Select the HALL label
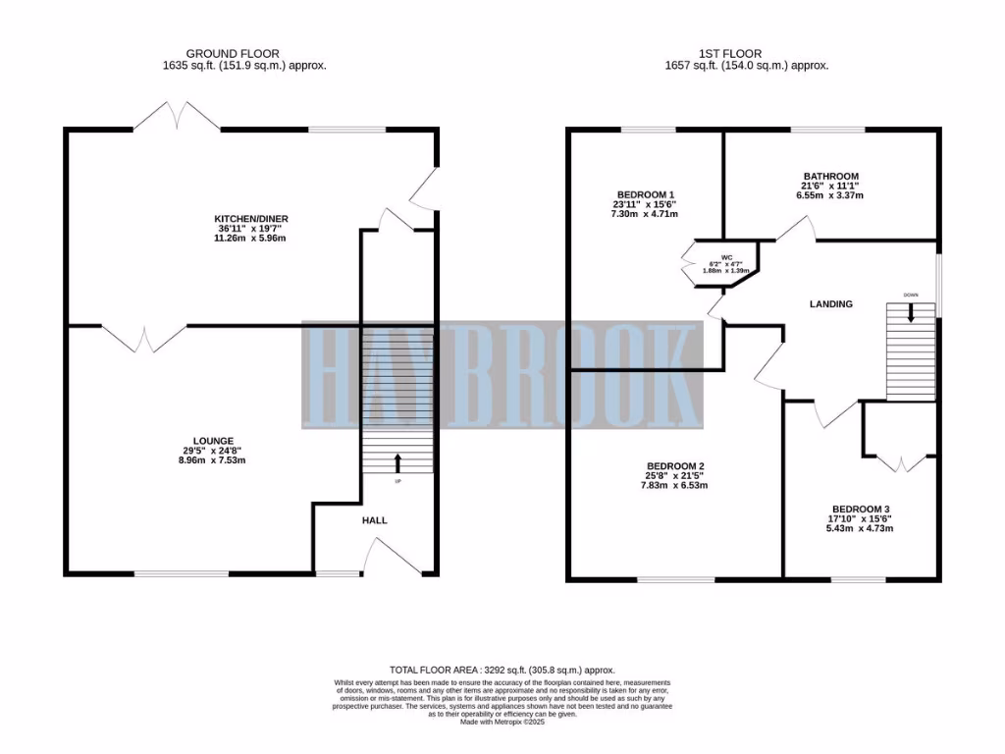(374, 520)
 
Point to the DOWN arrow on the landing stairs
(911, 312)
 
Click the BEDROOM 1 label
(645, 193)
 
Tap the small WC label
(727, 257)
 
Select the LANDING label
(830, 304)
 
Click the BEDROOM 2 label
(675, 465)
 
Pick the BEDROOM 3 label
(859, 508)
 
